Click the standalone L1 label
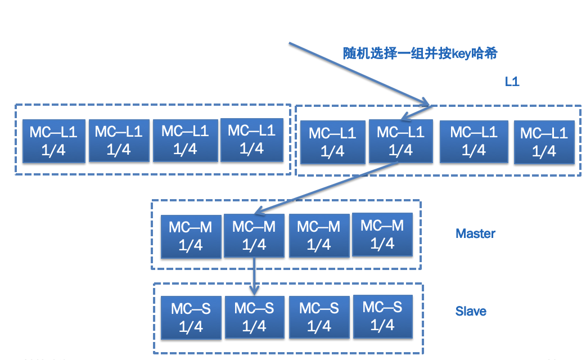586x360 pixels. click(511, 82)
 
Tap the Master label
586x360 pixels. click(475, 233)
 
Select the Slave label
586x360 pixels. click(471, 311)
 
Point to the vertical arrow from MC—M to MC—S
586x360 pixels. click(254, 276)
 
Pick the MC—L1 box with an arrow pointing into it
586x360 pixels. click(400, 142)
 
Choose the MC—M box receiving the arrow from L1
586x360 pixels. click(254, 236)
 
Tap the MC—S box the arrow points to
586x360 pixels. click(254, 317)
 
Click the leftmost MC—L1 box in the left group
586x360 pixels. click(53, 140)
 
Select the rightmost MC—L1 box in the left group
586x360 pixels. click(251, 139)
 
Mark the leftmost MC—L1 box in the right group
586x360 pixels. click(332, 142)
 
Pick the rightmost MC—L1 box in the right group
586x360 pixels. click(544, 142)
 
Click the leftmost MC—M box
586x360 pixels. click(190, 236)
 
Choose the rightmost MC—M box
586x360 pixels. click(382, 235)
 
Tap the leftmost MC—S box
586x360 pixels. click(191, 317)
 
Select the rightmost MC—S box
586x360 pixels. click(382, 316)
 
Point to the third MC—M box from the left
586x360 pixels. click(318, 236)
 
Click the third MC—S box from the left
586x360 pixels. click(318, 317)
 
